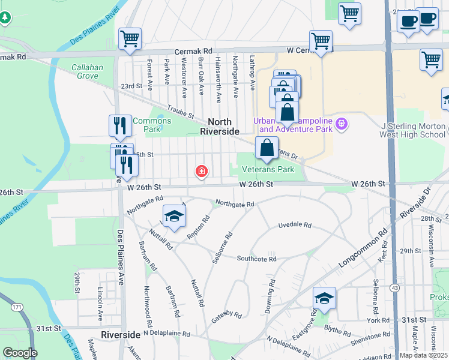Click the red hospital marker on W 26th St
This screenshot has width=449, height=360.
coord(202,172)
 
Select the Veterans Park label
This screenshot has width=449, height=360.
coord(268,170)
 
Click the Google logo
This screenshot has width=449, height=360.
coord(20,353)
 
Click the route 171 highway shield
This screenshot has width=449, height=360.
coord(17,307)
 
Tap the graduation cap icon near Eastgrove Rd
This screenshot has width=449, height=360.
coord(324,298)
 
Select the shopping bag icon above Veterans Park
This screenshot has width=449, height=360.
coord(266,148)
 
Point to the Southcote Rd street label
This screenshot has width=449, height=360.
coord(256,259)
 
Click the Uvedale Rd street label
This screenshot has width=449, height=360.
coord(295,225)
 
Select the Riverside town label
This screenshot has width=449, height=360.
coord(121,334)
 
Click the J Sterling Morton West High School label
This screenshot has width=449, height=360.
coord(414,130)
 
